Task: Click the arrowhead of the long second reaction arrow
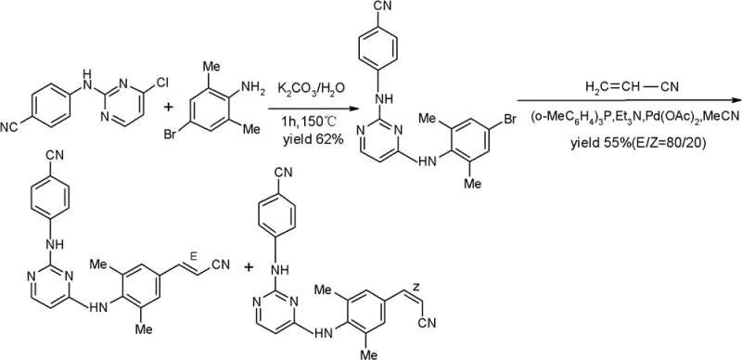point(735,100)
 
